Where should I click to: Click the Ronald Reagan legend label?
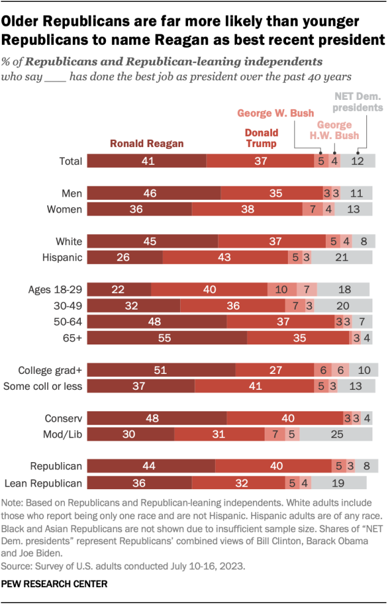coord(147,143)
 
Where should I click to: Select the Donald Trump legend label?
coord(261,138)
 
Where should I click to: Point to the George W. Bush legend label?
coord(275,113)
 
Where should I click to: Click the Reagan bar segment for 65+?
coord(167,338)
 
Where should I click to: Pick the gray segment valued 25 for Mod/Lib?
coord(336,435)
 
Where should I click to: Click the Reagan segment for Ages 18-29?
coord(119,289)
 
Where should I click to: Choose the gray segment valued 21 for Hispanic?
coord(341,257)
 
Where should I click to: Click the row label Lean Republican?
coord(43,482)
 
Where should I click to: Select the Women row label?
coord(64,210)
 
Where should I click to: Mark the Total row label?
coord(70,161)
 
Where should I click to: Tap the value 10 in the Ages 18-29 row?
coord(282,289)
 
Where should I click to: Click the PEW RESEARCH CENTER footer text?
coord(55,584)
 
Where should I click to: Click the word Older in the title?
coord(25,22)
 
